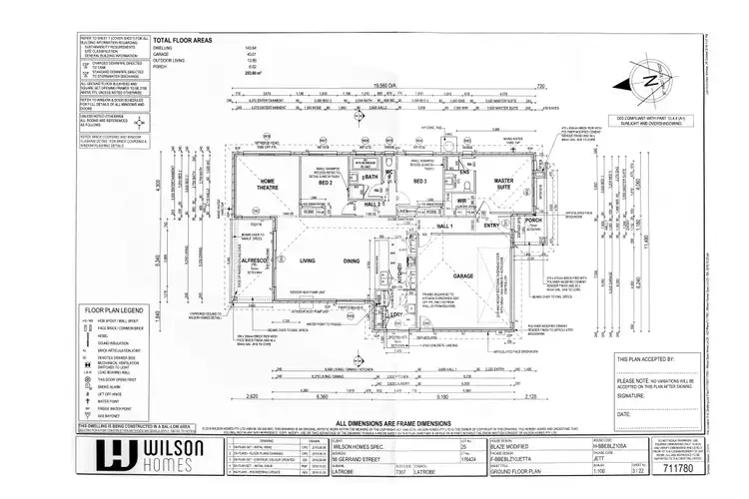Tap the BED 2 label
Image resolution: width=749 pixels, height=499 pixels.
(x=326, y=184)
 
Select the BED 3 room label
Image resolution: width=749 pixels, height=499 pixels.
(x=419, y=183)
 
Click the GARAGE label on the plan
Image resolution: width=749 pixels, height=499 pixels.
(x=461, y=274)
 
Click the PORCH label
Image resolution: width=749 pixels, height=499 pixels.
(x=532, y=221)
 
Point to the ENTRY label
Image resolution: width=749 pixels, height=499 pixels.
(x=491, y=227)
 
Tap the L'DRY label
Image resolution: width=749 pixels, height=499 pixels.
(x=396, y=316)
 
